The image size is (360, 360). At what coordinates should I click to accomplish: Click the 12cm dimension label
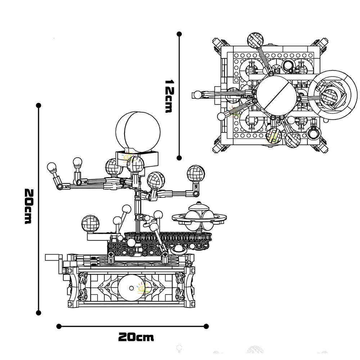click(167, 96)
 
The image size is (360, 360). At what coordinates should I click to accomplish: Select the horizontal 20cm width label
click(136, 337)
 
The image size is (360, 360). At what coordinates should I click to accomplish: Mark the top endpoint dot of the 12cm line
click(179, 34)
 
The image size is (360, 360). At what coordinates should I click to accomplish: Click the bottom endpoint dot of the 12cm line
click(179, 157)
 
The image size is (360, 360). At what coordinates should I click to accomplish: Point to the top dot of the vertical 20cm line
click(39, 105)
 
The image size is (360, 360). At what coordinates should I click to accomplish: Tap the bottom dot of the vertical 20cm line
click(39, 312)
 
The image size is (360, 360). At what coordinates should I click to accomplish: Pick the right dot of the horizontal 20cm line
click(206, 326)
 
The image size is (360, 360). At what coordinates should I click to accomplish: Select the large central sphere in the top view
click(275, 95)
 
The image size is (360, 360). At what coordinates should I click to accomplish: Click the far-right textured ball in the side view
click(195, 174)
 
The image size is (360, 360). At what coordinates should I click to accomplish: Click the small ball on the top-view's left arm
click(197, 95)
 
